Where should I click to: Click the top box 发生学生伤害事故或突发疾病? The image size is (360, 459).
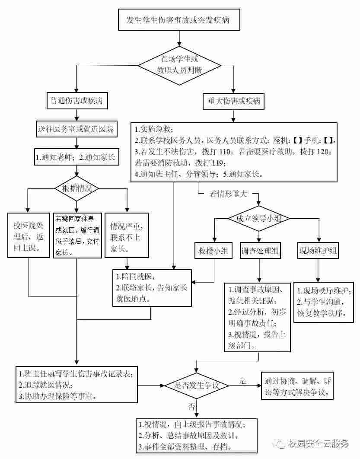click(x=180, y=20)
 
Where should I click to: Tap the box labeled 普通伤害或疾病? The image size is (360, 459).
click(x=76, y=101)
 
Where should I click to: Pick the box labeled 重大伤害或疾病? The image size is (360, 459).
click(x=234, y=101)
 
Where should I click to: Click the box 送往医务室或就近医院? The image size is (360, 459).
click(x=76, y=129)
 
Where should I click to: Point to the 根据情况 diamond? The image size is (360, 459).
click(x=76, y=188)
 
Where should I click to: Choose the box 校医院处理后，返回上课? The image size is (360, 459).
click(x=29, y=236)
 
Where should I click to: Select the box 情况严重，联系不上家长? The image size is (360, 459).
click(x=127, y=236)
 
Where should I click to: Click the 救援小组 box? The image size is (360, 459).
click(x=213, y=251)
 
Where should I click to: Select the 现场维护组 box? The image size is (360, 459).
click(x=318, y=251)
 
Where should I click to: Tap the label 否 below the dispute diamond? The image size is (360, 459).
click(x=191, y=406)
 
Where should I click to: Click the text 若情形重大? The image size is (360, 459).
click(x=228, y=194)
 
